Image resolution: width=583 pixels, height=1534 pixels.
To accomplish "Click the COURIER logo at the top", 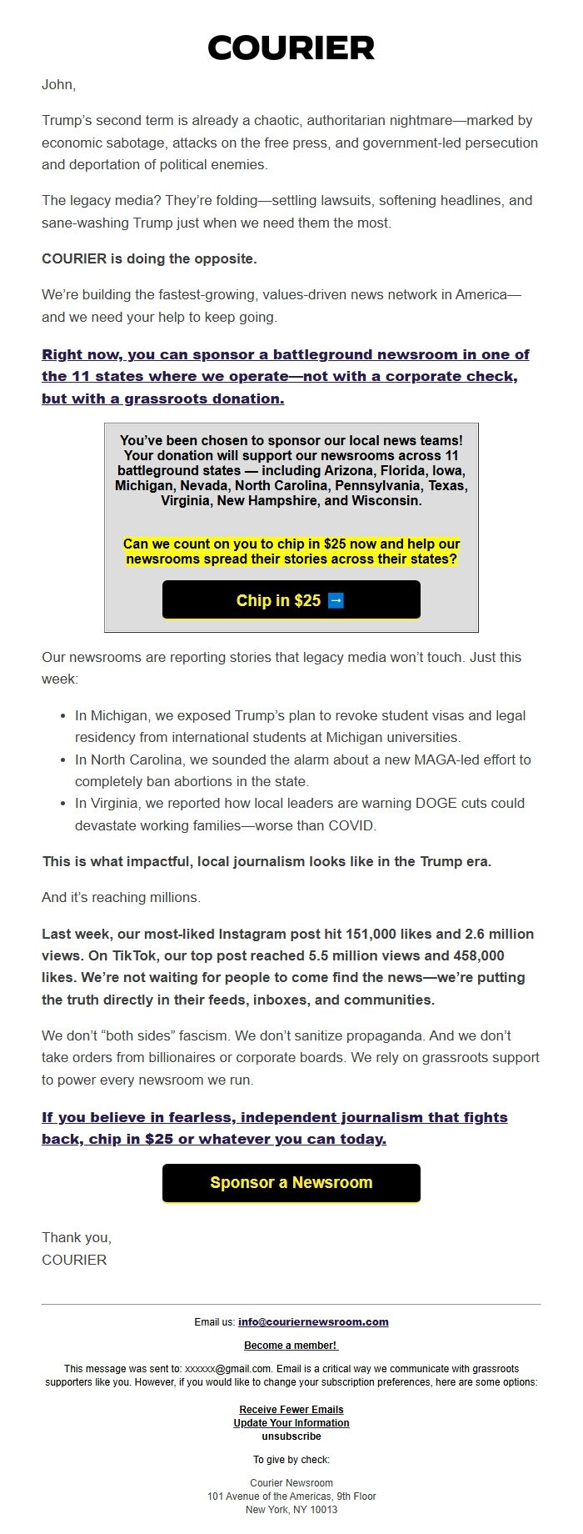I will click(291, 48).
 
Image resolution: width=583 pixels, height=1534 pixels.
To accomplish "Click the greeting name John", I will click(57, 84).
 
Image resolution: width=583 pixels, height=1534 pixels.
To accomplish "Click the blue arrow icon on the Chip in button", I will click(336, 600).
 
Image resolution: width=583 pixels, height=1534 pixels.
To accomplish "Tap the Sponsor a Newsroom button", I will click(291, 1182).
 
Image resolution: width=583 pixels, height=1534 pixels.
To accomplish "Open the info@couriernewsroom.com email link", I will click(313, 1321).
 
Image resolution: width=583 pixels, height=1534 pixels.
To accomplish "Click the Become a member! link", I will click(291, 1345).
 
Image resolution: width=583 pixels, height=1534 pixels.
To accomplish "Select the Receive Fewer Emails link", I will click(291, 1409).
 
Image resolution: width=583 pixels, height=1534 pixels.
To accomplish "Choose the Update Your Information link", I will click(291, 1422).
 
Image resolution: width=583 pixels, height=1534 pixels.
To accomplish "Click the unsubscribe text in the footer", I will click(291, 1436).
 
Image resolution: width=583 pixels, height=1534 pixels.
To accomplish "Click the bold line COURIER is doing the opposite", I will click(149, 258).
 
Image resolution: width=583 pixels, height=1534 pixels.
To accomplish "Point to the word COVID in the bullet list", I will click(352, 825).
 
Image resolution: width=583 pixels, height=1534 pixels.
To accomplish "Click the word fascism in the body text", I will click(202, 1035).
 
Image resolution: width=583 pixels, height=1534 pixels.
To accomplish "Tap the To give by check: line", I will click(291, 1459).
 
